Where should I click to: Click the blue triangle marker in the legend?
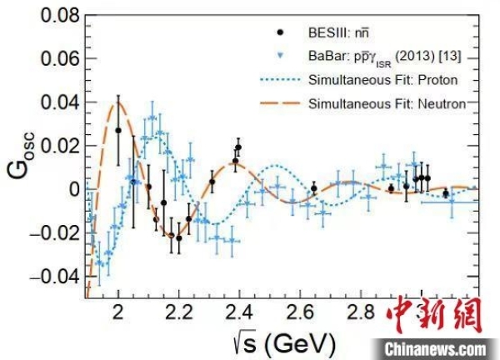[281, 56]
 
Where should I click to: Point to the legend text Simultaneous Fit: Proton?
[384, 80]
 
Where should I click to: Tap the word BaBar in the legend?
[327, 56]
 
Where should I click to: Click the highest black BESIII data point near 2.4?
[238, 147]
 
